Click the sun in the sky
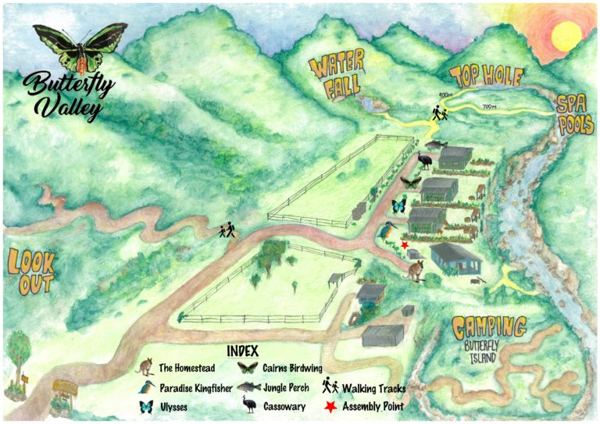[x=565, y=34]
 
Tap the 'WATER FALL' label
[x=337, y=77]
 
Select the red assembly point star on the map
[x=405, y=245]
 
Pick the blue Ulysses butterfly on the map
[x=400, y=207]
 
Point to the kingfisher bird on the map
[x=390, y=230]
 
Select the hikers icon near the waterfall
[x=439, y=114]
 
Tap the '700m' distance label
[x=491, y=106]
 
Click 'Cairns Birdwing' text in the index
[x=294, y=368]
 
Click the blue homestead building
[x=456, y=257]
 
